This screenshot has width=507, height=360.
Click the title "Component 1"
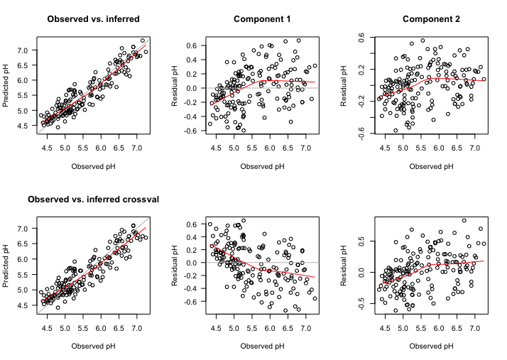[x=262, y=18]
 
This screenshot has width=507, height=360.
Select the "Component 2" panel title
[x=431, y=18]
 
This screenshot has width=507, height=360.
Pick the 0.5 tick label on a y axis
[x=361, y=241]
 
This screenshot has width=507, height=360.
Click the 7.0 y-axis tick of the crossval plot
[x=22, y=229]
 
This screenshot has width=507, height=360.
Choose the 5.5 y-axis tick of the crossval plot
[x=22, y=275]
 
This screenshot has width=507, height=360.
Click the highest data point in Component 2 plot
[x=422, y=40]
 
